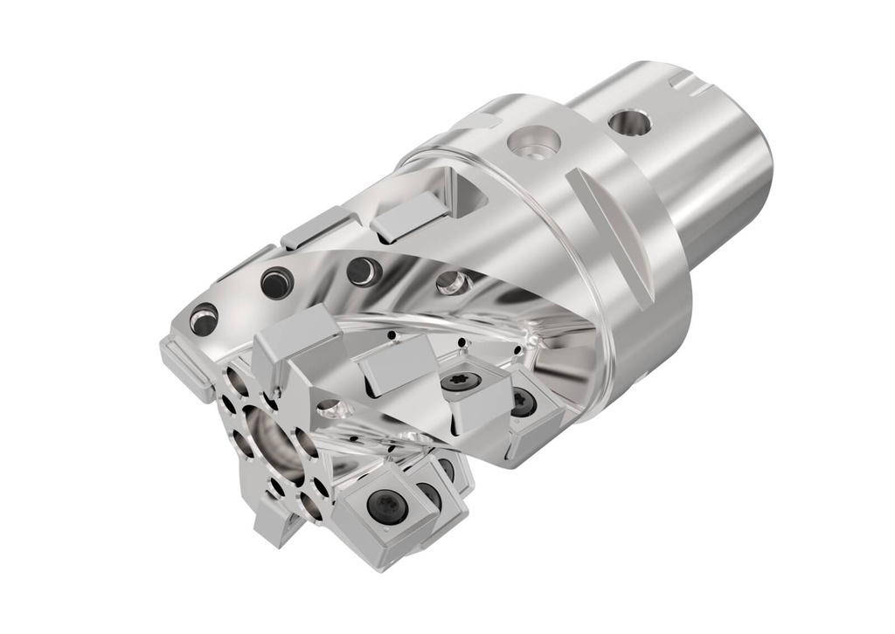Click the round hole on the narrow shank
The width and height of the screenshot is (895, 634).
[629, 122]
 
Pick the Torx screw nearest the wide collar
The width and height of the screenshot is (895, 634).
[523, 402]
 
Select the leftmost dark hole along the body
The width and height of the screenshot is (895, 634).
[204, 320]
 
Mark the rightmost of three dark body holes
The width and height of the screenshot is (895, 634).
[362, 270]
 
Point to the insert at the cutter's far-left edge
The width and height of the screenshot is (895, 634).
[184, 363]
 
